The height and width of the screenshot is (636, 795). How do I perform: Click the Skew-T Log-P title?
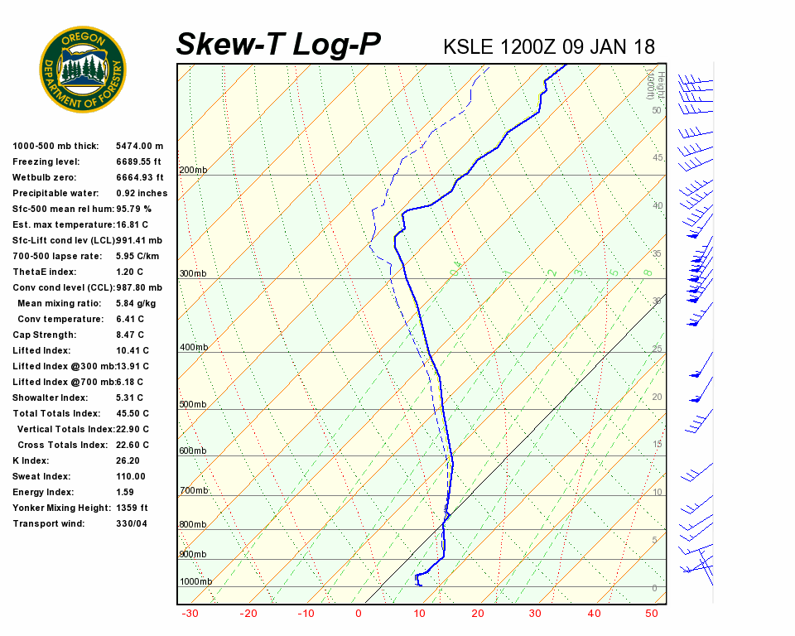click(x=278, y=45)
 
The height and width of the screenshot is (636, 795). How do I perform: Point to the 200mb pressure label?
click(x=193, y=171)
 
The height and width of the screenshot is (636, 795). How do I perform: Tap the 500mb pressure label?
click(x=193, y=404)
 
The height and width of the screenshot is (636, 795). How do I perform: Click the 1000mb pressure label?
click(x=195, y=581)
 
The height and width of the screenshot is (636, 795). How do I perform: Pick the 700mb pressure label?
click(x=193, y=491)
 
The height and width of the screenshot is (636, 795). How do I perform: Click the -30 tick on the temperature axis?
click(x=190, y=614)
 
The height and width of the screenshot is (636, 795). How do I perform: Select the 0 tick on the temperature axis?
click(x=359, y=614)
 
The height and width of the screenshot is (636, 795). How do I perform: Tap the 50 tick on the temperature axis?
click(x=652, y=614)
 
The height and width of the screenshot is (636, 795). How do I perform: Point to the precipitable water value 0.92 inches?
click(x=142, y=193)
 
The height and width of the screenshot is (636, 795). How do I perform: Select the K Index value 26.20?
click(x=128, y=460)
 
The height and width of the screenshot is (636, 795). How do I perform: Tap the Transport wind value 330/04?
click(x=132, y=523)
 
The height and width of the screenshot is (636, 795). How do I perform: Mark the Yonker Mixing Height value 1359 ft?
click(x=132, y=508)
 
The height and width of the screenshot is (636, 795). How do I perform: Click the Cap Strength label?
click(x=44, y=335)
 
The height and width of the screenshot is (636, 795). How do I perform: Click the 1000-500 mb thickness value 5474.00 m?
click(x=140, y=146)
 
